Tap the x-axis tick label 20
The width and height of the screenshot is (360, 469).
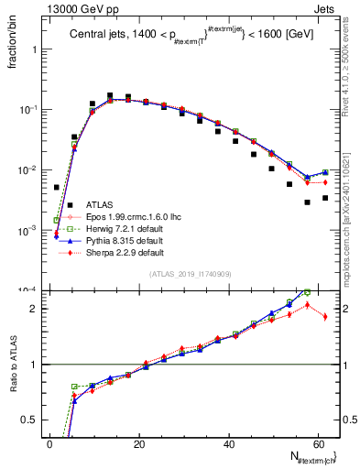[139, 443]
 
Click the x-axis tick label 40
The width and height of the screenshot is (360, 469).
[229, 443]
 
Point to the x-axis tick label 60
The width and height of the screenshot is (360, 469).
[318, 443]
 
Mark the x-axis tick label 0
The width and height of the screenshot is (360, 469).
[50, 443]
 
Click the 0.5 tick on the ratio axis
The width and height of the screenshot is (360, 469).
[32, 420]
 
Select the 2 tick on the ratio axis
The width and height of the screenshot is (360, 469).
[35, 308]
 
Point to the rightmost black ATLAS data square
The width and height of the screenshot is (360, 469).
[325, 198]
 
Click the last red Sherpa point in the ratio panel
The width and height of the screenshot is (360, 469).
[325, 317]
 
